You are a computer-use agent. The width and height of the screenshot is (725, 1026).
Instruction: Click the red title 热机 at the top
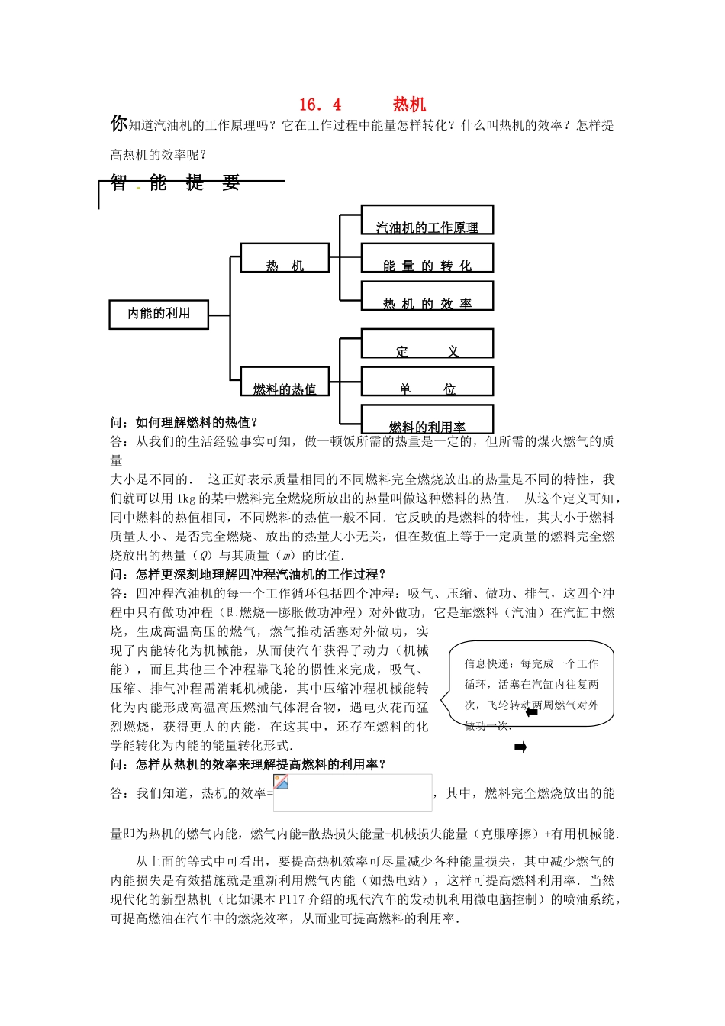(x=409, y=105)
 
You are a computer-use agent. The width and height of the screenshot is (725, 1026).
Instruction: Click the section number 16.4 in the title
(x=320, y=105)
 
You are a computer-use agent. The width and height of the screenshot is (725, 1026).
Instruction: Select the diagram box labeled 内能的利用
(x=159, y=314)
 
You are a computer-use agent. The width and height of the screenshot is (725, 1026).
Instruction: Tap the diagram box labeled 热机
(x=285, y=258)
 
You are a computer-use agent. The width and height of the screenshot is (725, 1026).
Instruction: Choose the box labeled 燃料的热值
(x=285, y=381)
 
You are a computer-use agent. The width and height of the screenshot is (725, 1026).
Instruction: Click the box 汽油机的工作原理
(x=427, y=220)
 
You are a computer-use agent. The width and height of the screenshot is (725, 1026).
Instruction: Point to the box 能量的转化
(x=427, y=258)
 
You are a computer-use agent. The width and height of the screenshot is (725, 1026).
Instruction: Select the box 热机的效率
(x=427, y=296)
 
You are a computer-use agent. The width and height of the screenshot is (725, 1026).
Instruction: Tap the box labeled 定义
(x=427, y=344)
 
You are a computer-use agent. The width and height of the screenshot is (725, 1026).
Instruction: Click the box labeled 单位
(x=427, y=382)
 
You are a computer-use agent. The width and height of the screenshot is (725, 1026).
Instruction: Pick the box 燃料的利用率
(x=427, y=420)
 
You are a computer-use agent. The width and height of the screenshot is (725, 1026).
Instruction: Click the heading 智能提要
(x=175, y=182)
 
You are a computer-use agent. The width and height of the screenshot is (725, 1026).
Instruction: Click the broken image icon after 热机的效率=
(x=282, y=782)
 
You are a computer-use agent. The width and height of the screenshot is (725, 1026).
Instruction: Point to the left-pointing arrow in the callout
(x=533, y=713)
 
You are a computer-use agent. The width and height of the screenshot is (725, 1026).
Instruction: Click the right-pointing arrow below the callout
(x=520, y=747)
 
